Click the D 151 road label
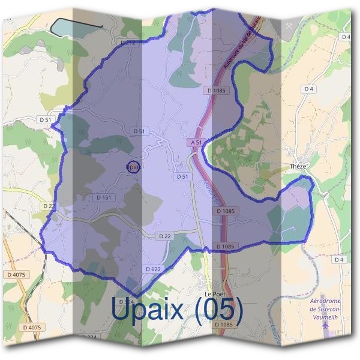pyautogui.click(x=103, y=197)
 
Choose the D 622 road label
pyautogui.click(x=153, y=269)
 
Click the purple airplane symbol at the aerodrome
pyautogui.click(x=326, y=324)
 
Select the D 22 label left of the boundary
pyautogui.click(x=49, y=205)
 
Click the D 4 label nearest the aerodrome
pyautogui.click(x=340, y=259)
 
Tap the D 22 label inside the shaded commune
pyautogui.click(x=165, y=236)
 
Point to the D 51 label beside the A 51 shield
pyautogui.click(x=183, y=177)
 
